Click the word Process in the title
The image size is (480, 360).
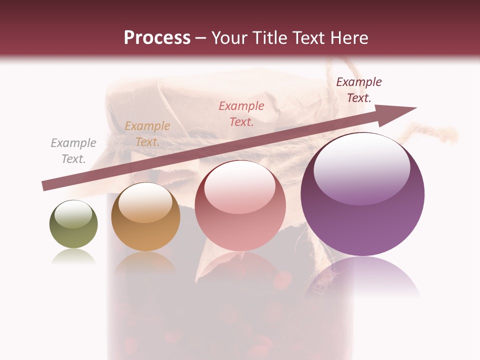(157, 37)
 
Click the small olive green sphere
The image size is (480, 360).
(73, 224)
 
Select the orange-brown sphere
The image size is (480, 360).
(145, 216)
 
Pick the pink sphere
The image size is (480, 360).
(240, 206)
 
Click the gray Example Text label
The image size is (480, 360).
(73, 151)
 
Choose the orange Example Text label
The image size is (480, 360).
(147, 134)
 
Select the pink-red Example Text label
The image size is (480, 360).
(241, 113)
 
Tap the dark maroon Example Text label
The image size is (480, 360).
(358, 90)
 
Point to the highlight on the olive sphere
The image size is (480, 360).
(73, 213)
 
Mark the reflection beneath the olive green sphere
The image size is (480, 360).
(73, 256)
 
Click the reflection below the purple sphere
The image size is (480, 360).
(362, 277)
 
